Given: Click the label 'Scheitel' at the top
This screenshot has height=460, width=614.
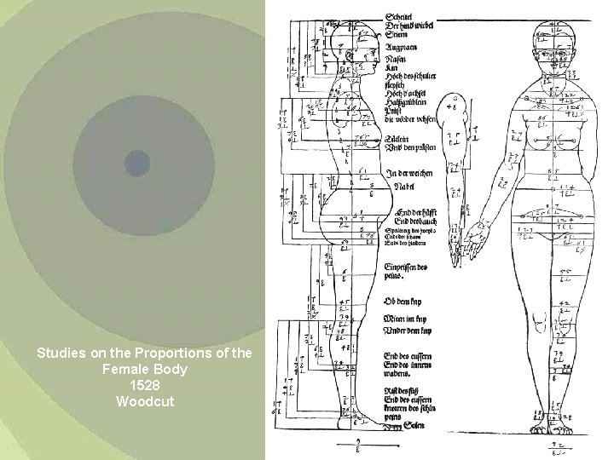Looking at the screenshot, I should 402,17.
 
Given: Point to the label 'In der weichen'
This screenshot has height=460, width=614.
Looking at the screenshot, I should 408,173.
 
